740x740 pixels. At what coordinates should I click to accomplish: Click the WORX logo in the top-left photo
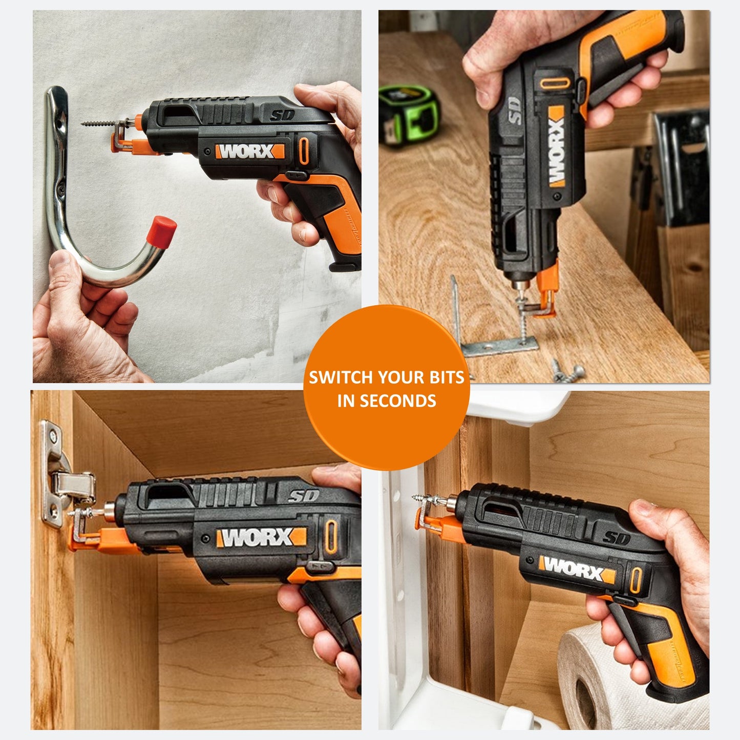coord(249,151)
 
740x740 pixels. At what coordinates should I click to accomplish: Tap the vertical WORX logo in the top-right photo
coord(557,146)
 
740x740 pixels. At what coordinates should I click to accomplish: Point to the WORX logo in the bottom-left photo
coord(262,538)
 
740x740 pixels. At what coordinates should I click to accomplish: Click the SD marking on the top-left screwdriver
coord(282,115)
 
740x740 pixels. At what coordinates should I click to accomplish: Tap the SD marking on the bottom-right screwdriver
coord(617,538)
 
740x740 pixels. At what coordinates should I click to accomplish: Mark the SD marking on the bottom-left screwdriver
coord(304,496)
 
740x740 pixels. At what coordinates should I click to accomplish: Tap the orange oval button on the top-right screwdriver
coord(555,83)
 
